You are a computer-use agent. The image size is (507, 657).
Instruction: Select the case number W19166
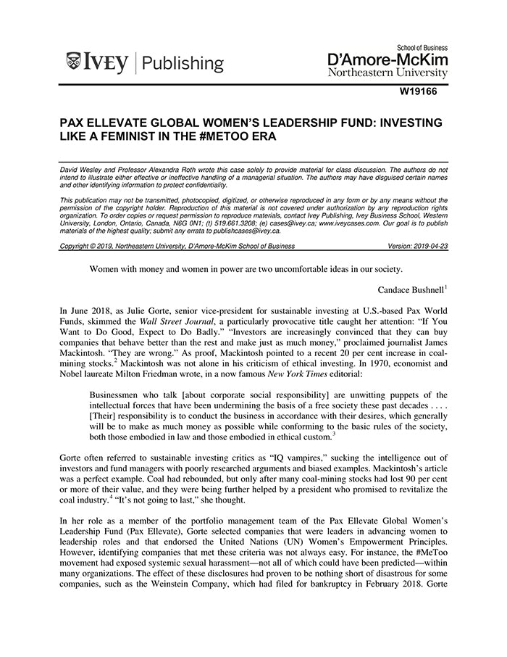[x=423, y=92]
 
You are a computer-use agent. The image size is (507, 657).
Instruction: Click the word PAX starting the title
[x=74, y=120]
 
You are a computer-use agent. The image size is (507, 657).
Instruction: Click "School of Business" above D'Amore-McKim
[x=415, y=45]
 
